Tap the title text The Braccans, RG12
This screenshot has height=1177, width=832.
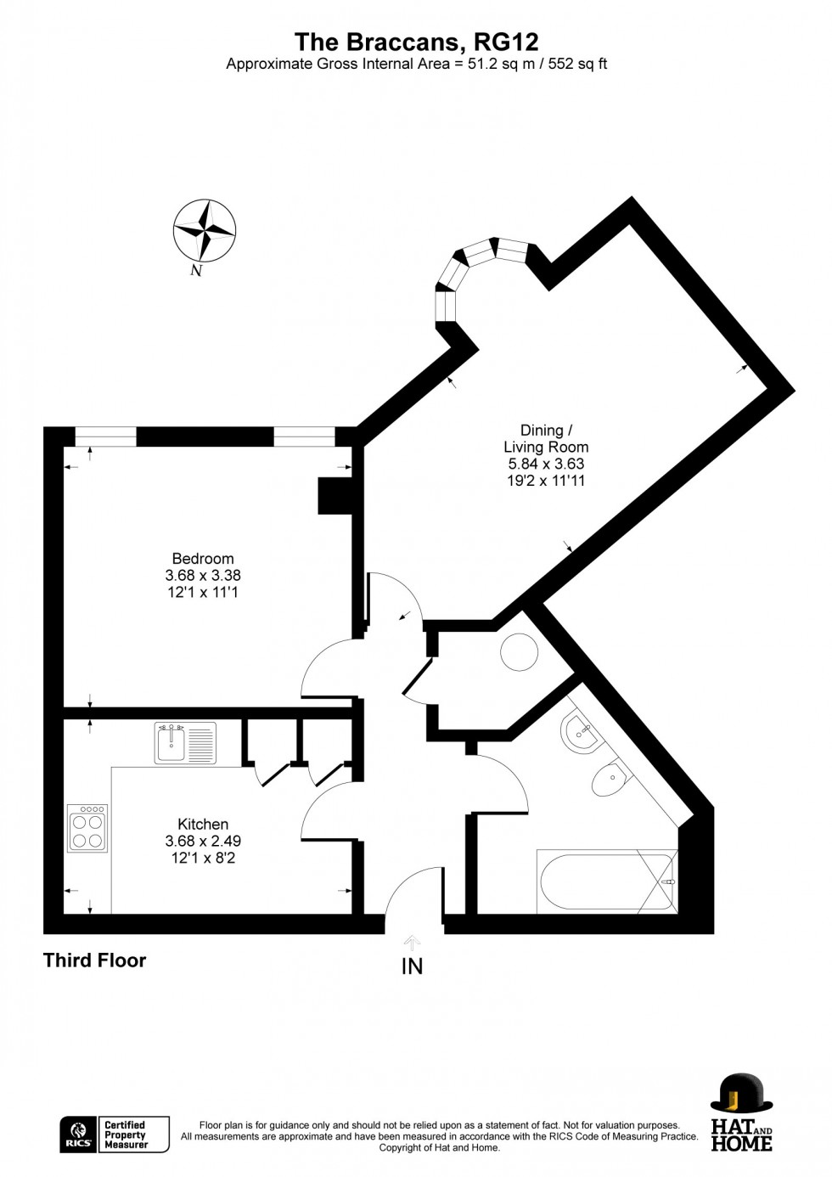pyautogui.click(x=416, y=42)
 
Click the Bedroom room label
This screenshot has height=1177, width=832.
pyautogui.click(x=203, y=559)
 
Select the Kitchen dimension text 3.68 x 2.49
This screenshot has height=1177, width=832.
pyautogui.click(x=203, y=842)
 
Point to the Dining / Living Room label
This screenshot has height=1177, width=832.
pyautogui.click(x=545, y=438)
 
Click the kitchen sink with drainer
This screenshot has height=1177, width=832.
pyautogui.click(x=186, y=743)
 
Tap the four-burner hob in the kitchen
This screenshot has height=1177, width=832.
pyautogui.click(x=87, y=829)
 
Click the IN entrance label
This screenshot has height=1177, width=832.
pyautogui.click(x=412, y=966)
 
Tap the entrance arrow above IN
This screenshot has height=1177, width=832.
pyautogui.click(x=412, y=942)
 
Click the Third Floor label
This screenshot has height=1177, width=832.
pyautogui.click(x=95, y=960)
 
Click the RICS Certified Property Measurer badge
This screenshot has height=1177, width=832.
pyautogui.click(x=115, y=1135)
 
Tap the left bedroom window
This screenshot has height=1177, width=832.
pyautogui.click(x=105, y=437)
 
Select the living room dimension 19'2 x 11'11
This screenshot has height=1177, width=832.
pyautogui.click(x=545, y=481)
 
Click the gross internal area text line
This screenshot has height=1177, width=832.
pyautogui.click(x=416, y=65)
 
